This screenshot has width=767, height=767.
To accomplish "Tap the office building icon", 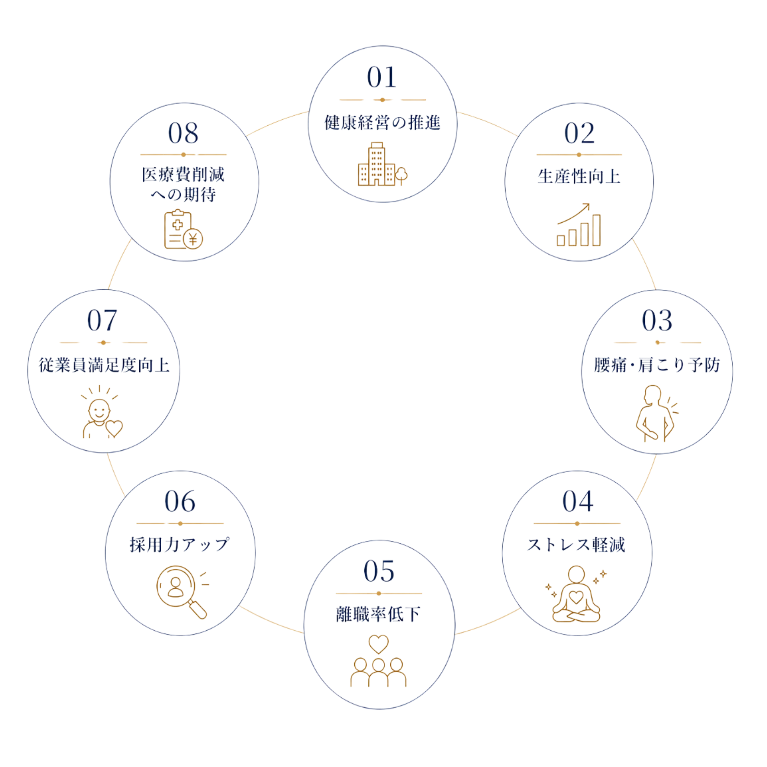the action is tap(382, 164).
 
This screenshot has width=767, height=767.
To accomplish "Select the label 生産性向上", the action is tap(579, 176).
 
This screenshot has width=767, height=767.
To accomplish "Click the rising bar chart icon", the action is tap(579, 225).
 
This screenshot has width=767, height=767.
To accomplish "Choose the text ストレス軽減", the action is tap(576, 545).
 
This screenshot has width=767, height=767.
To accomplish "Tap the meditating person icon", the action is tap(576, 594).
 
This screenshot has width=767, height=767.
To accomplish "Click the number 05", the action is tap(379, 571).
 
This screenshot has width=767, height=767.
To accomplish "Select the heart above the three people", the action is tap(378, 644).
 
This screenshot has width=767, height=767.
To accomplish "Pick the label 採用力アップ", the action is tap(179, 545).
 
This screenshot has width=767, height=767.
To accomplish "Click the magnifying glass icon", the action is tap(182, 592).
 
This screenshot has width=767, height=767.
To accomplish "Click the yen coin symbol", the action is tap(193, 239).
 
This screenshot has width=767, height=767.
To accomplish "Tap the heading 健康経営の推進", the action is tap(382, 123).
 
